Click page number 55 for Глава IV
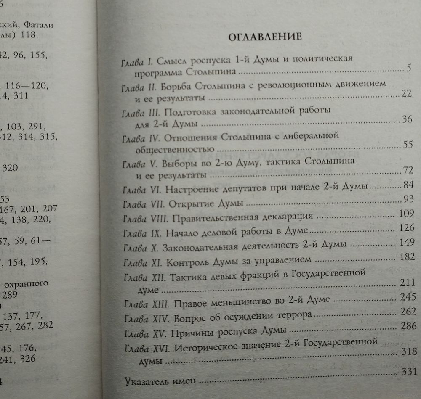tap(407, 145)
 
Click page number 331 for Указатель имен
tap(409, 372)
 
